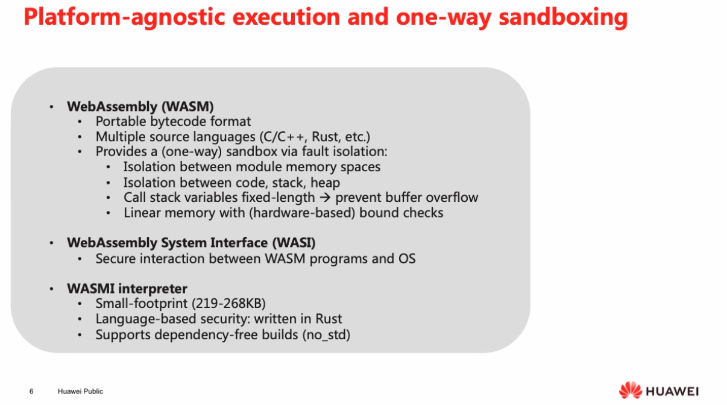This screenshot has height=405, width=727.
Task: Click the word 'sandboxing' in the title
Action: click(x=563, y=17)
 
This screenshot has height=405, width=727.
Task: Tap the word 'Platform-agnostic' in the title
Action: click(x=124, y=17)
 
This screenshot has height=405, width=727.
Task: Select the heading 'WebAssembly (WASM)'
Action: click(x=140, y=107)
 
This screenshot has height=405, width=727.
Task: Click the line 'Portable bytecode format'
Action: click(x=173, y=122)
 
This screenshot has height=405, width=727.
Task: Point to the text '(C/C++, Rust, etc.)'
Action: click(x=315, y=137)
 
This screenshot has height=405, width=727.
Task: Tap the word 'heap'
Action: click(x=325, y=183)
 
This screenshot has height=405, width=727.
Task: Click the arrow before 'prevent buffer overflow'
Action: click(x=325, y=197)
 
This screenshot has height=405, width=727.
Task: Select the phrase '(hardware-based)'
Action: click(x=302, y=213)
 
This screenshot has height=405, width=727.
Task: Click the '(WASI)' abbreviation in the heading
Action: click(x=294, y=243)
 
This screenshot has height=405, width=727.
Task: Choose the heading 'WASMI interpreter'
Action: click(x=127, y=289)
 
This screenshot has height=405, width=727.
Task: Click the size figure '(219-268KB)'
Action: click(x=228, y=303)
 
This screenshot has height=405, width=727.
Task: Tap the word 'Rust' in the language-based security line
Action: click(x=329, y=319)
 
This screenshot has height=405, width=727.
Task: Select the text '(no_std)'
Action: click(x=326, y=335)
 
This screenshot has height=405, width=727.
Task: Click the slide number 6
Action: click(x=31, y=391)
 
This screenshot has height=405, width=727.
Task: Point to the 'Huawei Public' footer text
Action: click(x=80, y=391)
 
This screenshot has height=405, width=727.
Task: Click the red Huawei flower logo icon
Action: click(x=631, y=391)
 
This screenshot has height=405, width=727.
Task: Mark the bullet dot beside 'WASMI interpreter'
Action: click(x=51, y=289)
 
